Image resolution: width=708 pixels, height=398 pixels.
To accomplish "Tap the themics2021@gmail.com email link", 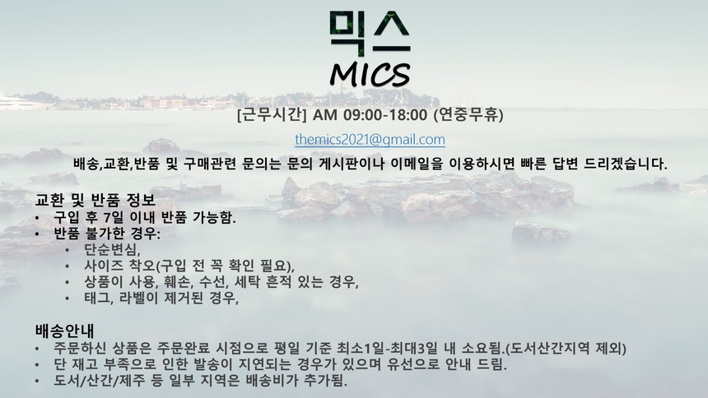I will pyautogui.click(x=370, y=140).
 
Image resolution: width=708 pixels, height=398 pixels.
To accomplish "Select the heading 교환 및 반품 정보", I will pyautogui.click(x=95, y=201).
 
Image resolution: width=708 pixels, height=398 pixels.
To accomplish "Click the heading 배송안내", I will pyautogui.click(x=65, y=331).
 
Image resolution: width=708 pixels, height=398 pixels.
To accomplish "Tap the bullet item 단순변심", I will pyautogui.click(x=112, y=249).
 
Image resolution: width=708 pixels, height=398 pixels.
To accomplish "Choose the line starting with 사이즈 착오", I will pyautogui.click(x=189, y=266).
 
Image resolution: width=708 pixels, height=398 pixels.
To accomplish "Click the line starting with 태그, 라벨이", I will pyautogui.click(x=161, y=298).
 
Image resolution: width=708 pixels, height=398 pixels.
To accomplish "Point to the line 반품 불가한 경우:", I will pyautogui.click(x=107, y=234).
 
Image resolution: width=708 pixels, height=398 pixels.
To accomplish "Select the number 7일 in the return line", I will pyautogui.click(x=116, y=218).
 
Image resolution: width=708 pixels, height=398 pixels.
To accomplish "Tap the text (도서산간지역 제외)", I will pyautogui.click(x=566, y=348).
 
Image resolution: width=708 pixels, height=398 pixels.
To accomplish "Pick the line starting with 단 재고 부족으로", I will pyautogui.click(x=280, y=364).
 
